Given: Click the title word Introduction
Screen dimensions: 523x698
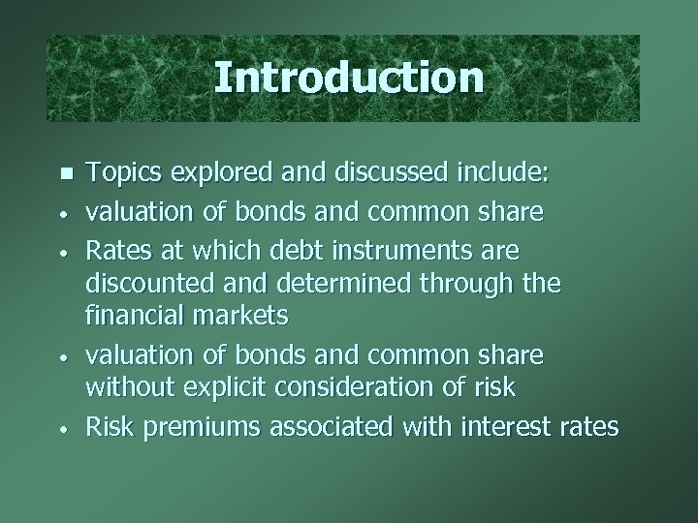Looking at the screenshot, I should click(x=348, y=77).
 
